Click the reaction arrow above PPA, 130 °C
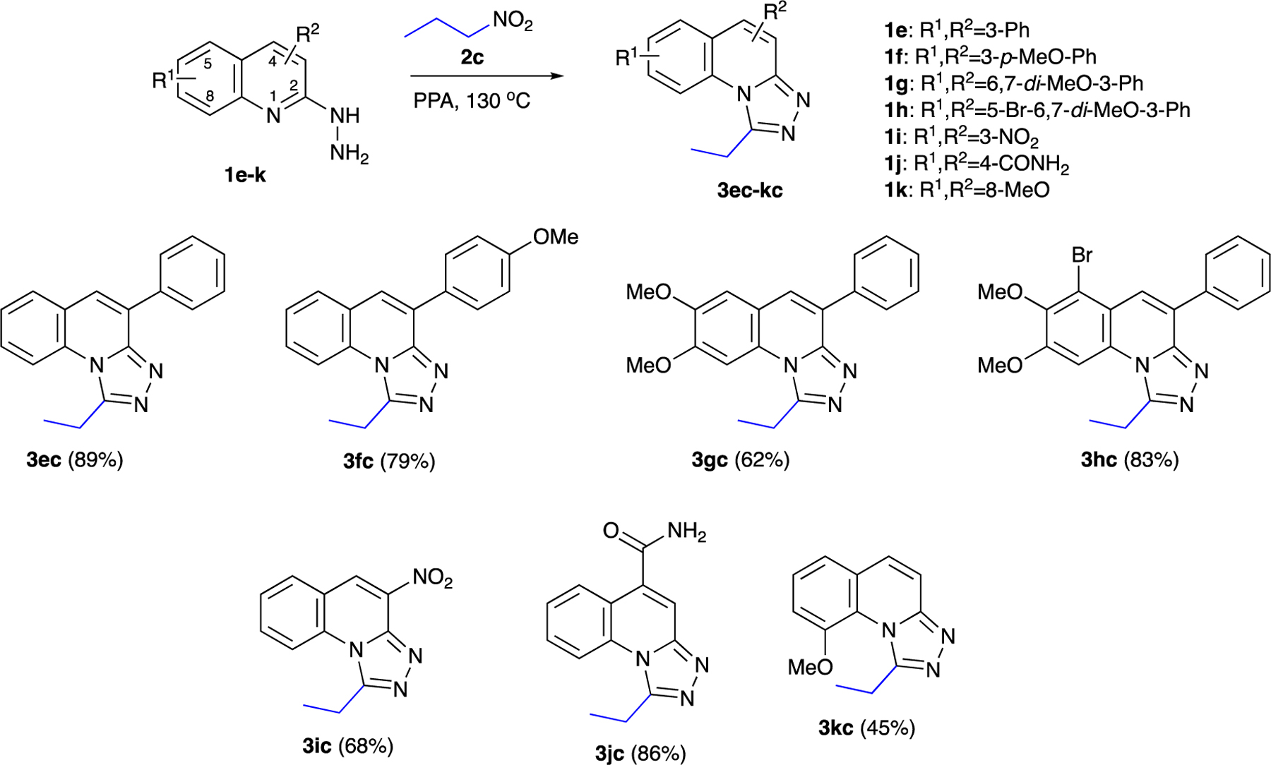[x=487, y=76]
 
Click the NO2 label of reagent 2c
[x=513, y=21]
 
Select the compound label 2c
[x=472, y=56]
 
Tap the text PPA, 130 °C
[x=472, y=101]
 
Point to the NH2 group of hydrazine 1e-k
[x=349, y=152]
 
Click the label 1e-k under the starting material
[x=245, y=174]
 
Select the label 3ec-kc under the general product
[x=750, y=190]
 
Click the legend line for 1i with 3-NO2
[x=962, y=137]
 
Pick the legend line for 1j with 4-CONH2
[x=977, y=164]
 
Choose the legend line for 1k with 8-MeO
[x=967, y=190]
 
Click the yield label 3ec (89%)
[x=75, y=460]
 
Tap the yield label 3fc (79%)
[x=389, y=462]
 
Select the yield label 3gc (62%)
[x=741, y=460]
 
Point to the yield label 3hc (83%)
[x=1130, y=460]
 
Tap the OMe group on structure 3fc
[x=556, y=237]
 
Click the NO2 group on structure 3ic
[x=432, y=578]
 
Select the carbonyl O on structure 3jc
[x=611, y=531]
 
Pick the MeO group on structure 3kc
[x=811, y=667]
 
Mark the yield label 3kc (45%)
[x=866, y=728]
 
